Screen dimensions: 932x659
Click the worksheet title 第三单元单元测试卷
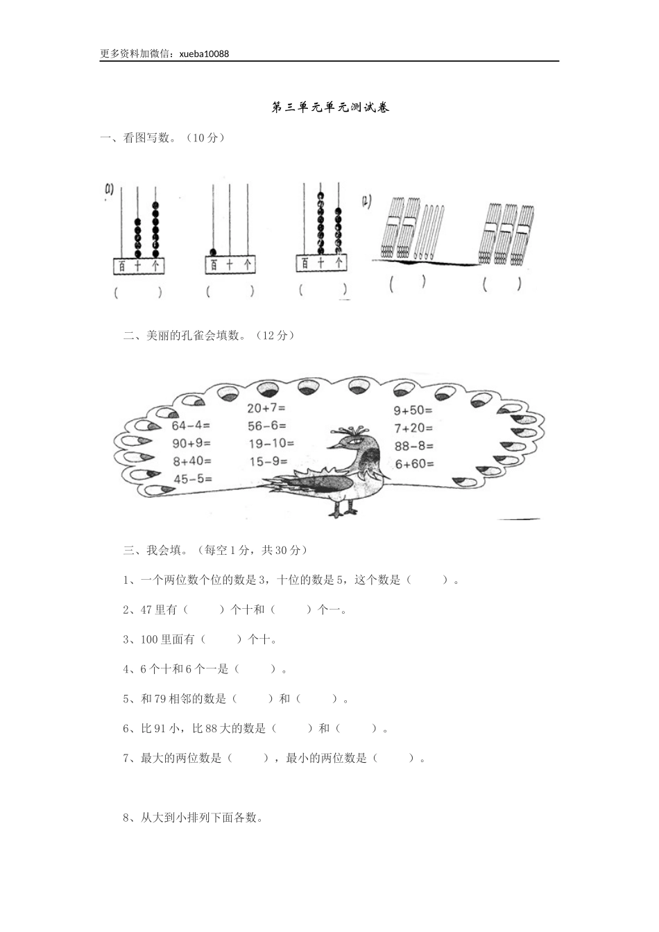coord(329,107)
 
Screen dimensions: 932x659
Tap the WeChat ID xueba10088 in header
coord(204,53)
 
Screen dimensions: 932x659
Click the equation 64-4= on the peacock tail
coord(191,425)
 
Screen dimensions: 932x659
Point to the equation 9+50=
coord(413,411)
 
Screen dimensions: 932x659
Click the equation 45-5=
coord(192,478)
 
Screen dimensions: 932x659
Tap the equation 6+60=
coord(414,464)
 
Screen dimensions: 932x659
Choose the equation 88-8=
coord(413,446)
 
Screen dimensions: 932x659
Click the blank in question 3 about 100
coord(221,639)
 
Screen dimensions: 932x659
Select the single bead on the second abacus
coord(214,252)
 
